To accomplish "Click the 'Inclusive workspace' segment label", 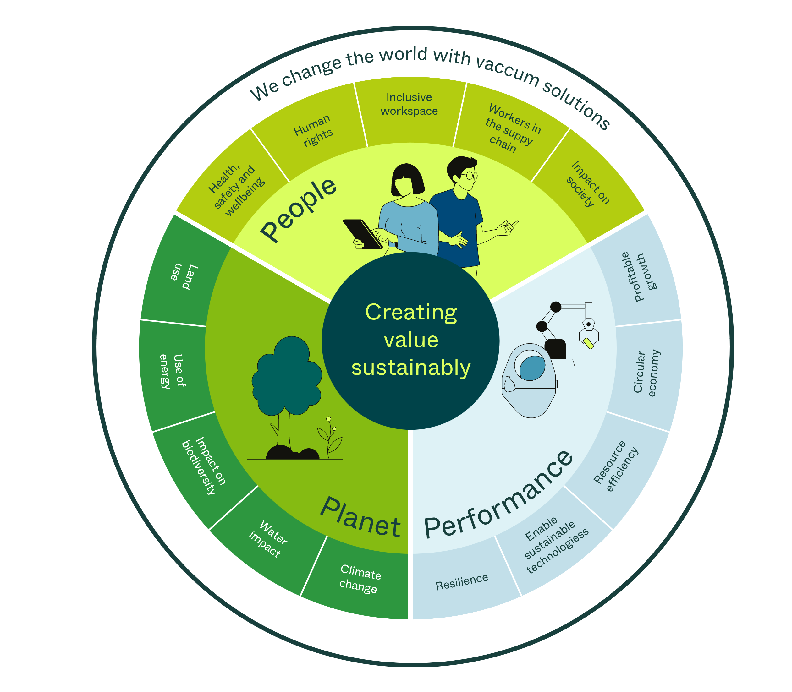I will (x=409, y=104).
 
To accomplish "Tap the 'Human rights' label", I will (x=313, y=131).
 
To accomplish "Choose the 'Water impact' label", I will (x=268, y=539).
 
